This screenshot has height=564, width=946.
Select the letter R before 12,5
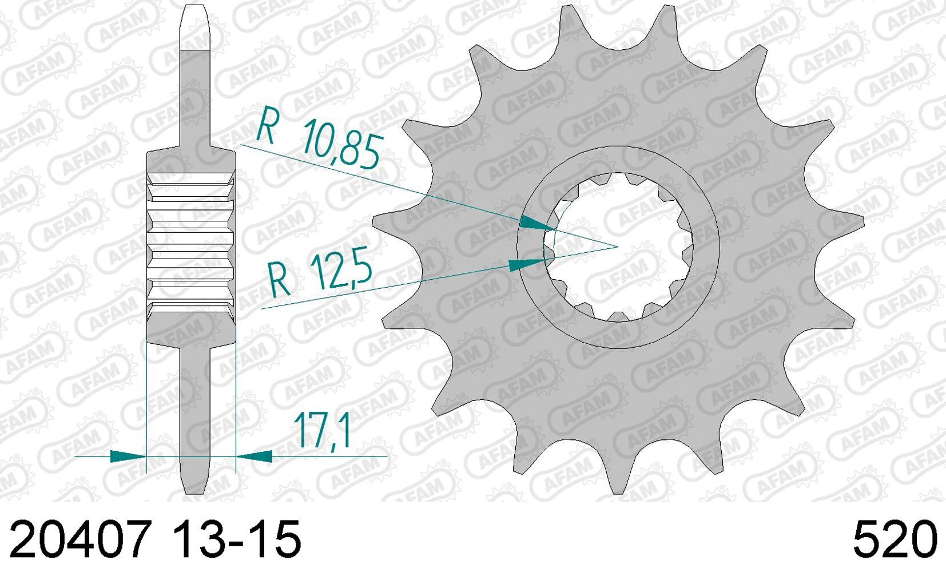(x=280, y=279)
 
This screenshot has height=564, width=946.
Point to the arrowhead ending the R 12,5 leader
(x=526, y=264)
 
